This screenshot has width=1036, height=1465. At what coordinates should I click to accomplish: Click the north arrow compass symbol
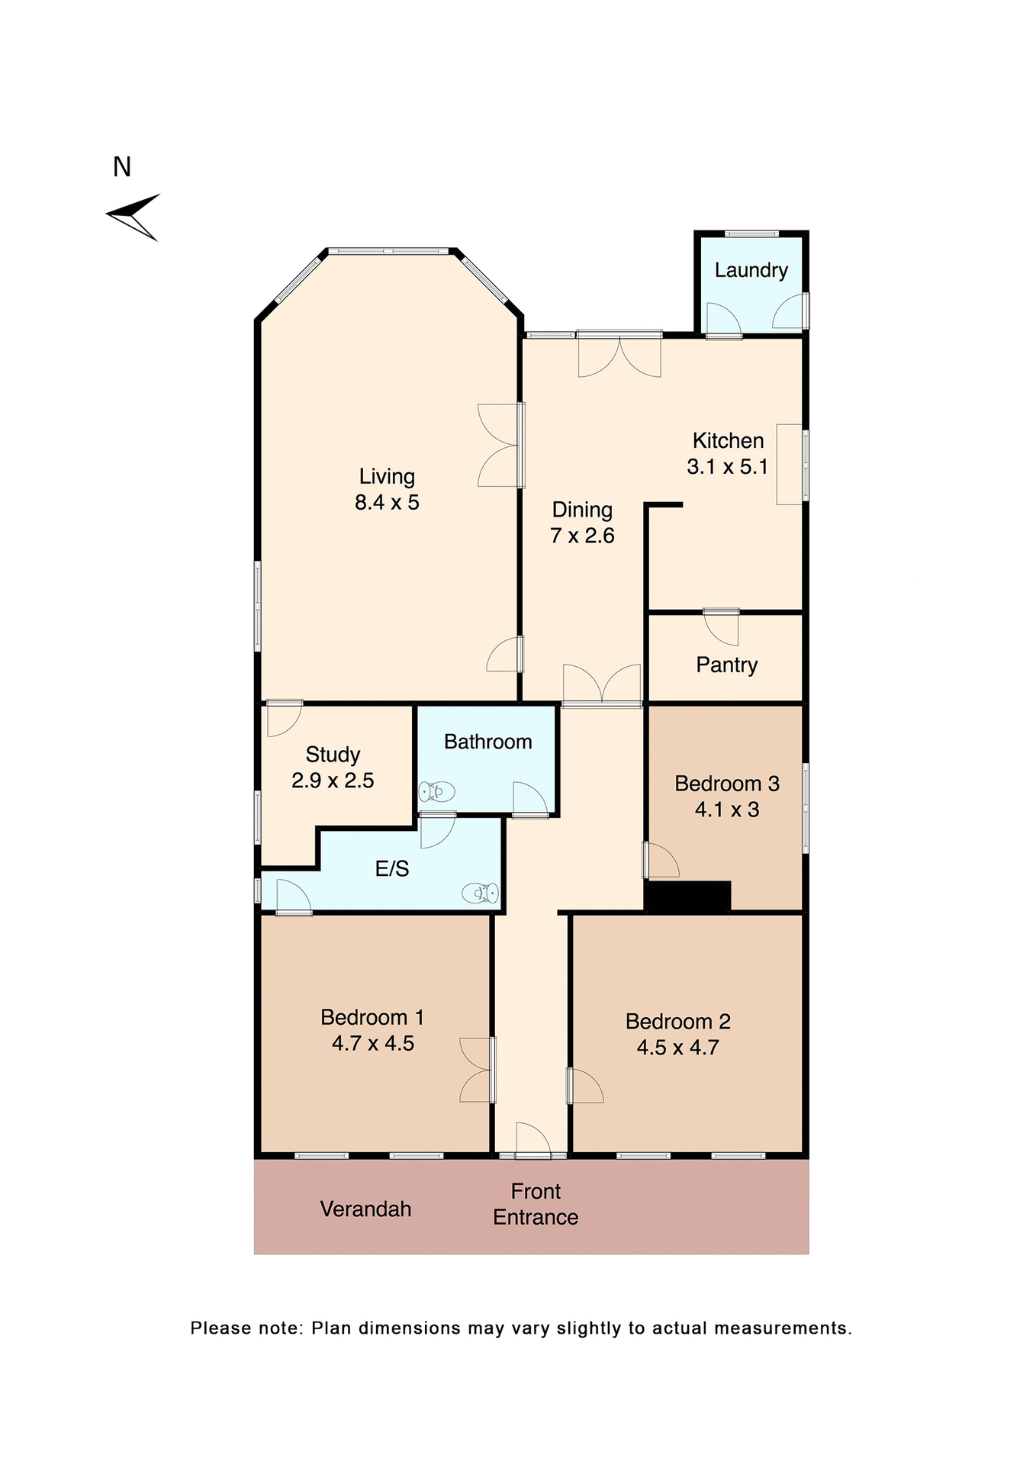pyautogui.click(x=136, y=216)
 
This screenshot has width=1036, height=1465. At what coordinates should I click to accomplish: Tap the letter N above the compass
pyautogui.click(x=122, y=167)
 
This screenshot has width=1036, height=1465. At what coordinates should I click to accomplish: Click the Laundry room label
pyautogui.click(x=751, y=270)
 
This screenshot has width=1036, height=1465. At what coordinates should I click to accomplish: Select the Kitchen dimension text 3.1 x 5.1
pyautogui.click(x=727, y=467)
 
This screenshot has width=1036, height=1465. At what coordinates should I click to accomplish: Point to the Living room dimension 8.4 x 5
pyautogui.click(x=387, y=503)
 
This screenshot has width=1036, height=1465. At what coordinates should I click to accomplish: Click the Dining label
pyautogui.click(x=582, y=510)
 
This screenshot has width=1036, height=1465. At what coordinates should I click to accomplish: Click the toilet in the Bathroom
pyautogui.click(x=437, y=792)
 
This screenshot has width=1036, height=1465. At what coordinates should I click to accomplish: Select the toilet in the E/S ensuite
pyautogui.click(x=481, y=892)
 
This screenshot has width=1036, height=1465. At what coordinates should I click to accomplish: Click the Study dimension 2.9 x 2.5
pyautogui.click(x=333, y=781)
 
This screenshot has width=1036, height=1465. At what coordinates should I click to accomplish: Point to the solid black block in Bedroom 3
pyautogui.click(x=687, y=896)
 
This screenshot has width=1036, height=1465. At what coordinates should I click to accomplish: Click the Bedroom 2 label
pyautogui.click(x=677, y=1022)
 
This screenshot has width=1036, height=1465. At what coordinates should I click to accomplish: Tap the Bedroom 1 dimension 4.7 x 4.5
pyautogui.click(x=373, y=1044)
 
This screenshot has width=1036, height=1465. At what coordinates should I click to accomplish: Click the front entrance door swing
pyautogui.click(x=532, y=1138)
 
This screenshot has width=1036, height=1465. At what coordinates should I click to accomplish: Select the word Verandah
pyautogui.click(x=365, y=1209)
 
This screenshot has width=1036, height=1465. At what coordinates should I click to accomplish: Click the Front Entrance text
pyautogui.click(x=536, y=1204)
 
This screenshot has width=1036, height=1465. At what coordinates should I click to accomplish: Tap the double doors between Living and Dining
pyautogui.click(x=500, y=446)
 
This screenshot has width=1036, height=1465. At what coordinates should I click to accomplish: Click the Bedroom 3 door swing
pyautogui.click(x=661, y=860)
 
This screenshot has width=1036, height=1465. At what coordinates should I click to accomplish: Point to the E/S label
pyautogui.click(x=392, y=869)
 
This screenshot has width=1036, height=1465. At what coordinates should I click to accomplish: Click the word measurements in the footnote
pyautogui.click(x=782, y=1328)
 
